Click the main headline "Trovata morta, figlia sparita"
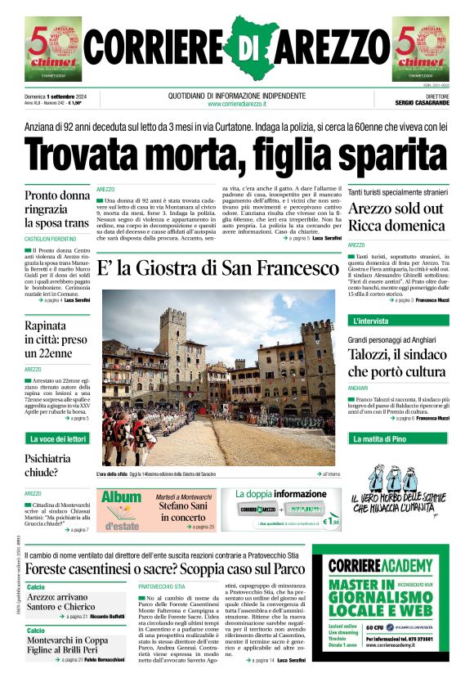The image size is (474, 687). (x=236, y=152)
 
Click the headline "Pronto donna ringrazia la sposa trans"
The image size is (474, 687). (x=58, y=209)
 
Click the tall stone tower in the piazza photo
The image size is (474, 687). (x=172, y=343)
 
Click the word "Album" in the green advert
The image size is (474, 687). (x=122, y=496)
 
